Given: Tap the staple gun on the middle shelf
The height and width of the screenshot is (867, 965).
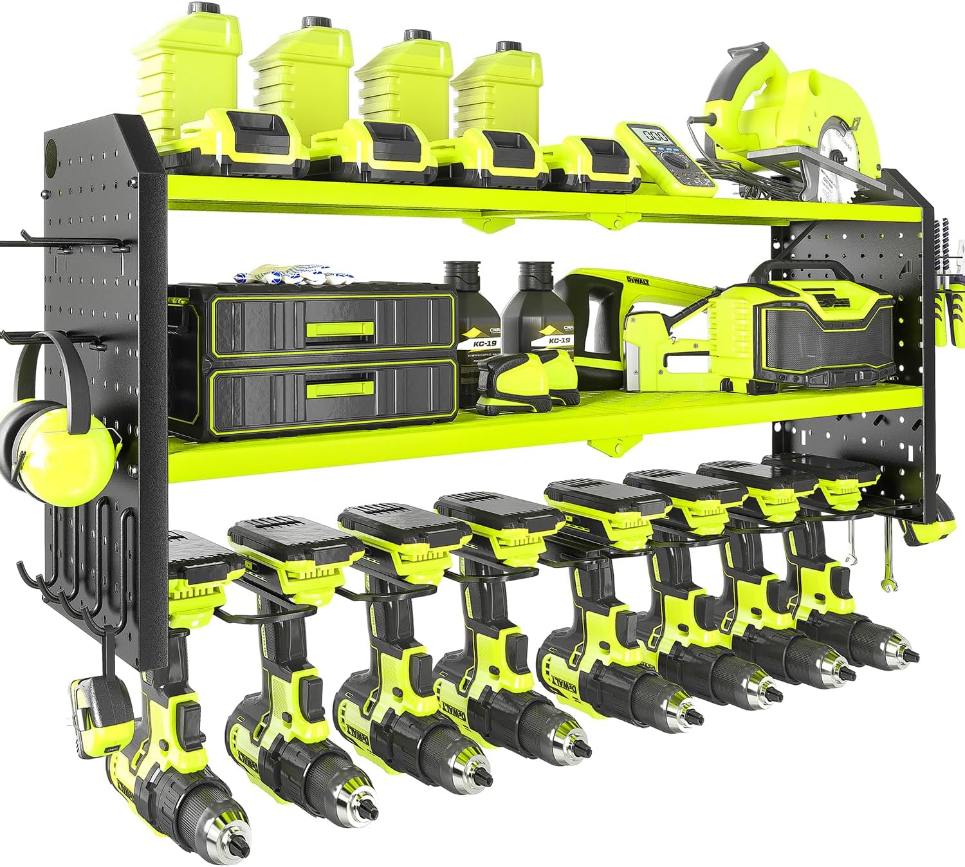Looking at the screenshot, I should coord(650,348).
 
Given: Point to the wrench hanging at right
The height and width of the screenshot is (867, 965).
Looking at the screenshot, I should coord(888,560).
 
